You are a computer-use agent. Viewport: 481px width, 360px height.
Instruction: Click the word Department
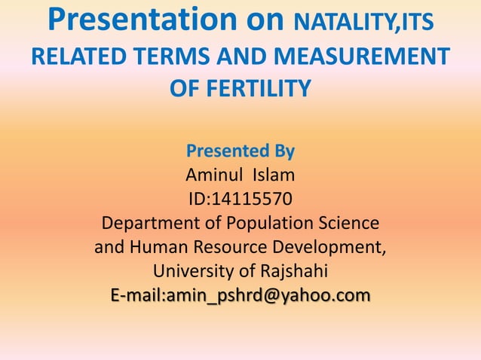click(145, 224)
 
